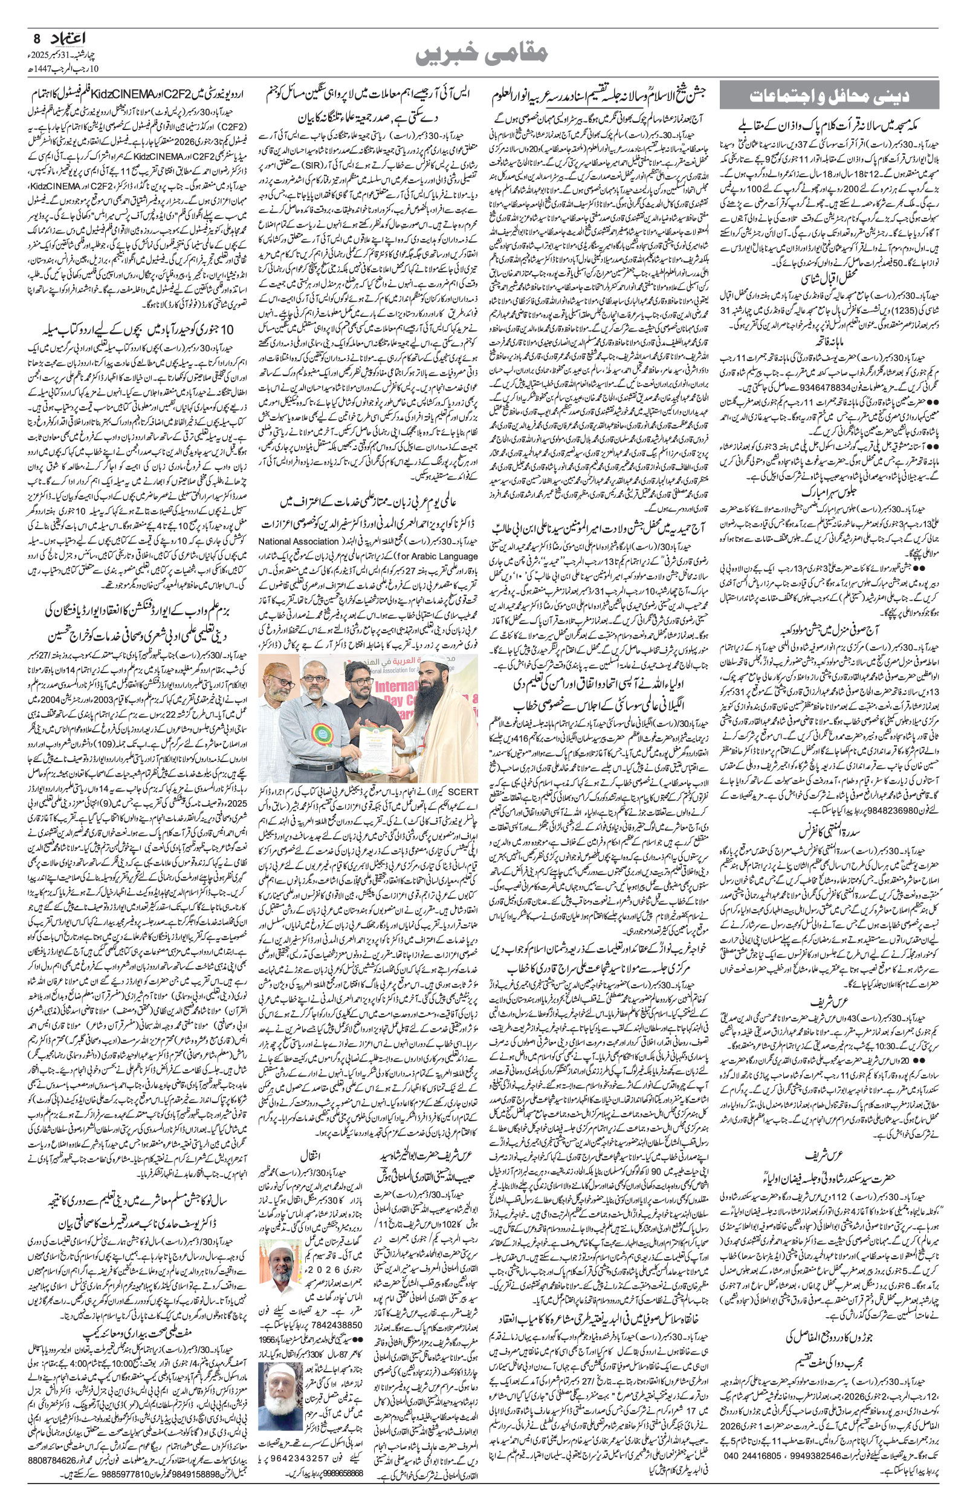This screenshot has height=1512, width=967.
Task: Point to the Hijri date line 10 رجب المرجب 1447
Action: tap(57, 67)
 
